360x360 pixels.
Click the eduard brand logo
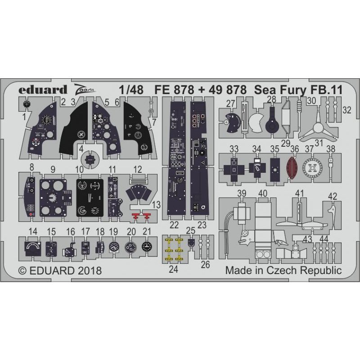coord(43,90)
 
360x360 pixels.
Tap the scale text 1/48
coord(131,90)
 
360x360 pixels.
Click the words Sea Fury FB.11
coord(298,90)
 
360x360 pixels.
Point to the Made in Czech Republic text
coord(283,270)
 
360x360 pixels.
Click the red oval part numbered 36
coord(292,167)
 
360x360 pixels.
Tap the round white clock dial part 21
coord(147,247)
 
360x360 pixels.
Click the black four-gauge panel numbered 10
coord(90,198)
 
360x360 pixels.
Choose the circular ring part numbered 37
coord(312,168)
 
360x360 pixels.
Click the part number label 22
coord(174,225)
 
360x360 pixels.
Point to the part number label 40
coord(263,193)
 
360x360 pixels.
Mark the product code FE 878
coord(174,90)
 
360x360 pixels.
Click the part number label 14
coord(33,231)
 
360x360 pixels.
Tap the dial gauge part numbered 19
coord(114,247)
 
